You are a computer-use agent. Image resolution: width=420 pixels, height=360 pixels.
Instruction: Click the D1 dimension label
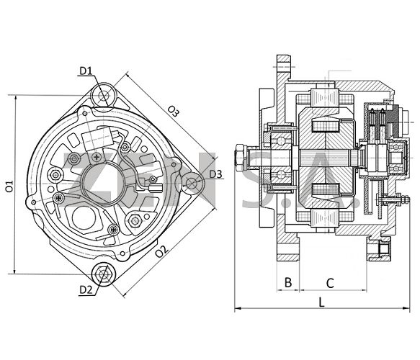point(86,71)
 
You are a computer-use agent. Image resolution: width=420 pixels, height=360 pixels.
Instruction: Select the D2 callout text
point(86,289)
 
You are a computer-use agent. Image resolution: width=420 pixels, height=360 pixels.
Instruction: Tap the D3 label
point(215,174)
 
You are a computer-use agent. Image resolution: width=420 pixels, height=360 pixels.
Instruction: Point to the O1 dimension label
point(9,186)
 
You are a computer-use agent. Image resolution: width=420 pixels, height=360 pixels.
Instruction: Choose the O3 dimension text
point(174,111)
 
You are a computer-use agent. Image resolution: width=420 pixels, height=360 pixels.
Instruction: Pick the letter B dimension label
point(288,282)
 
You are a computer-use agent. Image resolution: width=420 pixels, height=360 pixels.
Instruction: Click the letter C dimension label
point(330,283)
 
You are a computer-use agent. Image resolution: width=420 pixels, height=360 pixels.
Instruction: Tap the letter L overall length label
point(321,302)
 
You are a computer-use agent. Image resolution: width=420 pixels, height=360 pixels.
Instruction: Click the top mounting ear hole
point(104,96)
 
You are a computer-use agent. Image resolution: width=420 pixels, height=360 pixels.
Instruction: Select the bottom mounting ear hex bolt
point(103,274)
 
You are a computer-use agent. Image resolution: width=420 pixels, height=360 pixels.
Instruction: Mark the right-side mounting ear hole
point(191,184)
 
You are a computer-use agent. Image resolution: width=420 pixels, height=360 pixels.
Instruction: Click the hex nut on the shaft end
point(239,158)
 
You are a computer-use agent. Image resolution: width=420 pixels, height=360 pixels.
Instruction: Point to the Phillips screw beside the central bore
point(97,157)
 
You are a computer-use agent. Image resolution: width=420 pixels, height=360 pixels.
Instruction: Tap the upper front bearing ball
point(280,140)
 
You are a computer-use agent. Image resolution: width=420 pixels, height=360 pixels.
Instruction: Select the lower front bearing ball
point(280,174)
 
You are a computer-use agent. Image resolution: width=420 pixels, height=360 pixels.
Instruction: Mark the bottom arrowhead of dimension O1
point(15,271)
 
